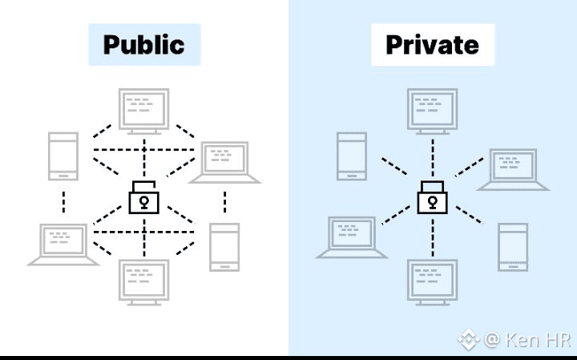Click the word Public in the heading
coord(144,44)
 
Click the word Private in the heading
coord(432,44)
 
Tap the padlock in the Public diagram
coord(144,197)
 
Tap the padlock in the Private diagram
coord(433,197)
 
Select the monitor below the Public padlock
coord(144,281)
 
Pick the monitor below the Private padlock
coord(433,281)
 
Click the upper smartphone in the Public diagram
coord(63,156)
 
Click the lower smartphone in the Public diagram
coord(224,246)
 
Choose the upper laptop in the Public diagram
coord(225,161)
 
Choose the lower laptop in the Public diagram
coord(63,243)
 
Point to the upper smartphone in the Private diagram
coord(352,156)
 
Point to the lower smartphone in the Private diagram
coord(513,246)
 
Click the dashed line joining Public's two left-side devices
coord(63,200)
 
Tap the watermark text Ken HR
coord(538,340)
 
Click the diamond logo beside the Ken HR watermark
coord(468,340)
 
